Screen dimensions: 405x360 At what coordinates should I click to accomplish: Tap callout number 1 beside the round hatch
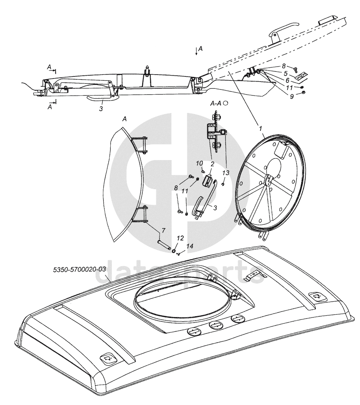[x=260, y=128]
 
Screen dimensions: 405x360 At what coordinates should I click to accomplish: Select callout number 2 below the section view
[x=212, y=163]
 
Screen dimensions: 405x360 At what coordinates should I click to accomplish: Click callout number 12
[x=180, y=239]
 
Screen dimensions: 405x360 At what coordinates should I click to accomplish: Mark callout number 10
[x=200, y=163]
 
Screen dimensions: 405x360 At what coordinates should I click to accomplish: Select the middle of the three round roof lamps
[x=215, y=325]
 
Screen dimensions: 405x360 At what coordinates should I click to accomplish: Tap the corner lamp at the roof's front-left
[x=107, y=358]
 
